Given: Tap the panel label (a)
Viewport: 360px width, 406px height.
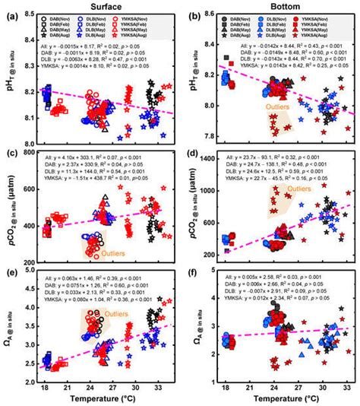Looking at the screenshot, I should tap(11, 15).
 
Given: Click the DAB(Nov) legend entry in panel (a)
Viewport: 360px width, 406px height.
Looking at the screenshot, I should tap(67, 17).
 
